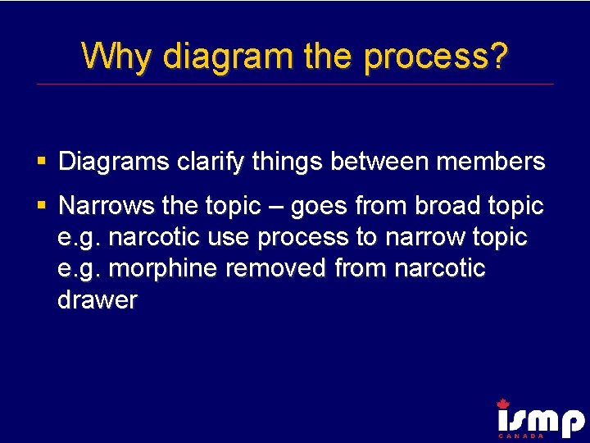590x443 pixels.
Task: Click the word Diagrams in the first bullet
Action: (114, 162)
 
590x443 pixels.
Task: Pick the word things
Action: (287, 162)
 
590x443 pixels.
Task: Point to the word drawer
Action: (98, 300)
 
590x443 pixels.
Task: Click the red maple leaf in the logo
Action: (502, 403)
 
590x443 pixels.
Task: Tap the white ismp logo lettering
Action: (540, 422)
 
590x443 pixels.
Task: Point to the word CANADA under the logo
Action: (521, 436)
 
